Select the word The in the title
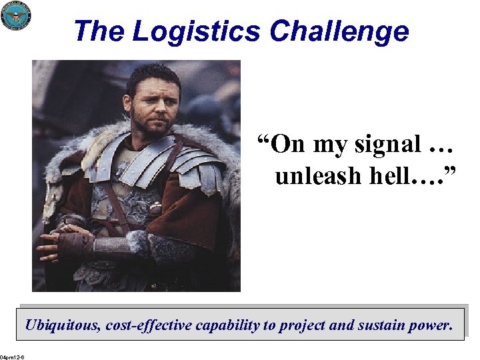click(99, 31)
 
